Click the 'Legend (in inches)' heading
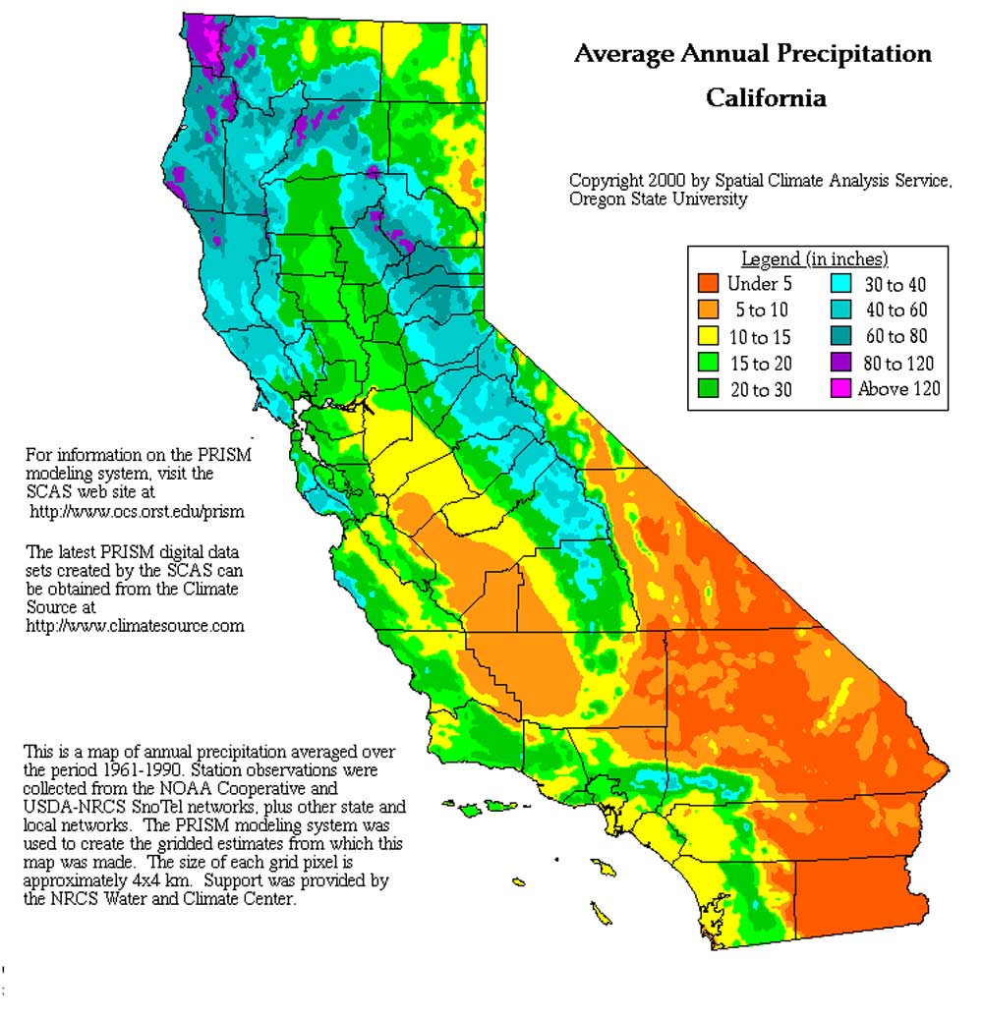click(x=814, y=259)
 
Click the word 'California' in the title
click(x=766, y=98)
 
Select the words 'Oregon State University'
click(x=658, y=199)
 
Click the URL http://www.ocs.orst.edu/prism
click(x=137, y=512)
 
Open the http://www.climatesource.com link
click(x=135, y=625)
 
